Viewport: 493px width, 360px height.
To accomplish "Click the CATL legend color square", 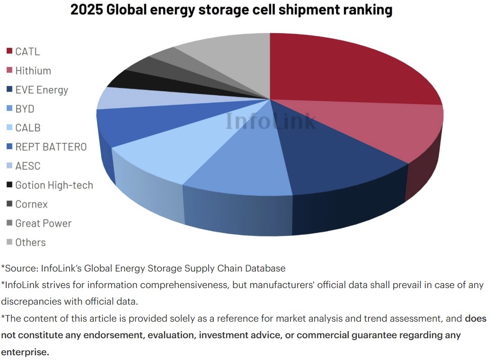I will (x=9, y=51).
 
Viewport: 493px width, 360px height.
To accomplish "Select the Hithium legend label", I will (x=33, y=71).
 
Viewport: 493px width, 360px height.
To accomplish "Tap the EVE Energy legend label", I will (x=42, y=90).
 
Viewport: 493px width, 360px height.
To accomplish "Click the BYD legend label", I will (x=25, y=109).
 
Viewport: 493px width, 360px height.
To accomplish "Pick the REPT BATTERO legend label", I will (x=51, y=147).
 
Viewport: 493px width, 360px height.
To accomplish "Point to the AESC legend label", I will (x=27, y=166).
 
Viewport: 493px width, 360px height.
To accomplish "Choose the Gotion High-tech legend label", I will (x=54, y=185).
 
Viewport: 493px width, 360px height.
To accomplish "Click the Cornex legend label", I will (x=31, y=204).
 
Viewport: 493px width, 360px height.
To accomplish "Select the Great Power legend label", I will (x=43, y=223).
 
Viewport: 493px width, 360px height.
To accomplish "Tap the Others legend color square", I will (x=9, y=242).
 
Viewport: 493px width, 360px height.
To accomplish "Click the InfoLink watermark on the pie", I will (x=270, y=121).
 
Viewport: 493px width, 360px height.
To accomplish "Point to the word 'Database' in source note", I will (x=265, y=268).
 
